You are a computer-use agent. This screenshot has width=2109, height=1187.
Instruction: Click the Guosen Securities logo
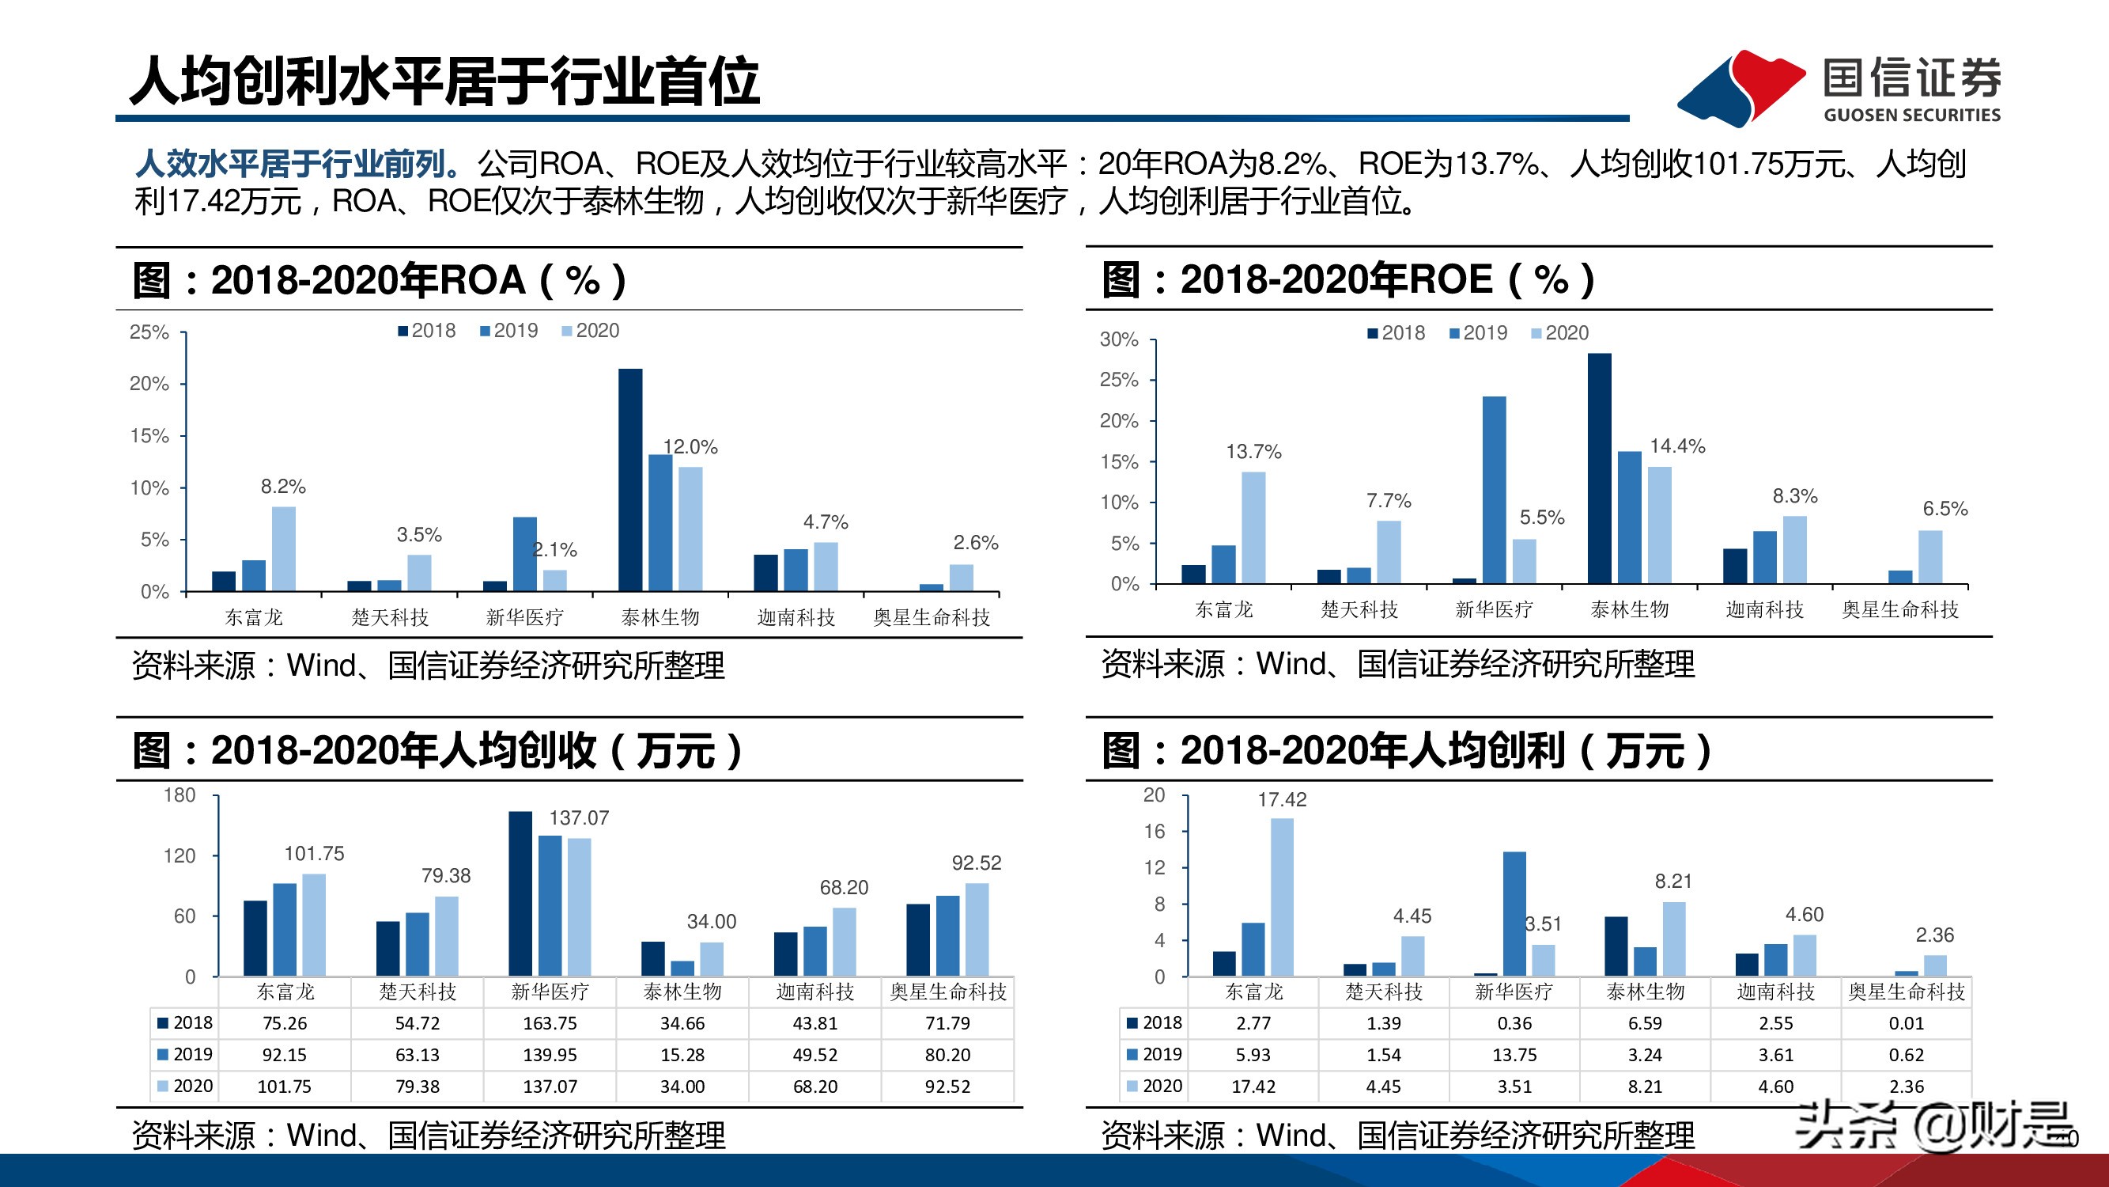tap(1838, 88)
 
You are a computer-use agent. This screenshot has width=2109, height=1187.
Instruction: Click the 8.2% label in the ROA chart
tap(282, 487)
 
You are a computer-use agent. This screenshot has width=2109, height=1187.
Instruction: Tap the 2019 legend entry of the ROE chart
tap(1478, 332)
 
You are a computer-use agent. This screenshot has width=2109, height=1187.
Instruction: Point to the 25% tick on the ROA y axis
tap(149, 332)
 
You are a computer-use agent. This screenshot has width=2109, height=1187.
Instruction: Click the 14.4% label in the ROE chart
tap(1676, 446)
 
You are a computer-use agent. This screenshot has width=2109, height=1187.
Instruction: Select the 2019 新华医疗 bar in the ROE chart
tap(1493, 489)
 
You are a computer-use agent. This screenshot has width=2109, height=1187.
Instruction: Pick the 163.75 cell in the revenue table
tap(550, 1023)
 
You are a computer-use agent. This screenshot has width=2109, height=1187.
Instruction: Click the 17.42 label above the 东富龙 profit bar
tap(1281, 799)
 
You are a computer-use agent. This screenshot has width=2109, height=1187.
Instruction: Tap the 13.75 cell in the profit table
tap(1514, 1055)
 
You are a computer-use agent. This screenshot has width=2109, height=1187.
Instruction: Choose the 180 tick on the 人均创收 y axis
tap(180, 794)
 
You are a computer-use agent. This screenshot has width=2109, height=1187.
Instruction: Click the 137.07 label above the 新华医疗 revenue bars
tap(578, 817)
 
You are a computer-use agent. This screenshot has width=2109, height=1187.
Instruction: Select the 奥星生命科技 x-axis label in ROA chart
tap(931, 617)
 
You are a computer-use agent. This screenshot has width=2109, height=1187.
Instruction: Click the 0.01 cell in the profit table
tap(1906, 1023)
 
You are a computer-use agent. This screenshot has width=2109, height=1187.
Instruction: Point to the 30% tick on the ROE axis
tap(1118, 339)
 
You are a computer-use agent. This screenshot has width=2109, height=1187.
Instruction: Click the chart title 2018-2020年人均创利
tap(1405, 750)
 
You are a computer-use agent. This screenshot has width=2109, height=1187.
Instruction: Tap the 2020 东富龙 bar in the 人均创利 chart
tap(1281, 897)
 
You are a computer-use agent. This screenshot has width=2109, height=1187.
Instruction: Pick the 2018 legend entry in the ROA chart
tap(426, 330)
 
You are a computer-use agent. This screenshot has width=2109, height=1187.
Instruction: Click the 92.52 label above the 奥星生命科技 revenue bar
tap(976, 863)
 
